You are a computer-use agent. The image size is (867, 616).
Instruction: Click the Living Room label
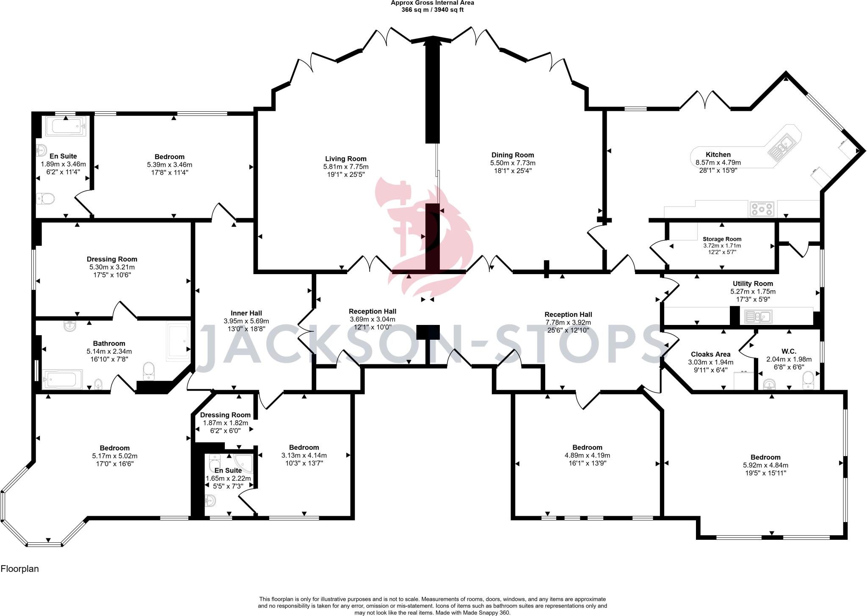(345, 159)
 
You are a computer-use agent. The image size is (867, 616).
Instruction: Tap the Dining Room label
(513, 155)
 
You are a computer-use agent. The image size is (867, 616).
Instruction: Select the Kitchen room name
(718, 154)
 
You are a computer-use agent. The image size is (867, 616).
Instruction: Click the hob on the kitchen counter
(762, 208)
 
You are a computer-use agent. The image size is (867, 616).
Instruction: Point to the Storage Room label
(722, 239)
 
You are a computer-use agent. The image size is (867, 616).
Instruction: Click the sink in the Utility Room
(759, 316)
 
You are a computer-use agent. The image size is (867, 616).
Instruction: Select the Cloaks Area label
(710, 354)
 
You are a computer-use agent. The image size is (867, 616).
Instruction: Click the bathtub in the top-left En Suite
(66, 126)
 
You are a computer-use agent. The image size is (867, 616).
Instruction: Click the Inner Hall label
(246, 313)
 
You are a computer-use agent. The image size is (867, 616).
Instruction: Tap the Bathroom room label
(109, 344)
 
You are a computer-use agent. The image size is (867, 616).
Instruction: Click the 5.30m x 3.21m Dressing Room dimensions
(112, 267)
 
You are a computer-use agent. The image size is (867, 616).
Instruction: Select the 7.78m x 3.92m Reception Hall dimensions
(568, 322)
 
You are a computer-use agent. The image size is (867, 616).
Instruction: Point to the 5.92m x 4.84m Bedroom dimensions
(765, 465)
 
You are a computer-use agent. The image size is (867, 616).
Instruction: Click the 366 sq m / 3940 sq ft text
(432, 10)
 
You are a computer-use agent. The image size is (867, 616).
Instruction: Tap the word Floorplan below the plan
(19, 569)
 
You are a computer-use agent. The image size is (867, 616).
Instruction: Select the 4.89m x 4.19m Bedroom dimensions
(587, 455)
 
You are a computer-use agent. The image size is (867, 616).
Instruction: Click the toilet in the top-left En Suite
(45, 198)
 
